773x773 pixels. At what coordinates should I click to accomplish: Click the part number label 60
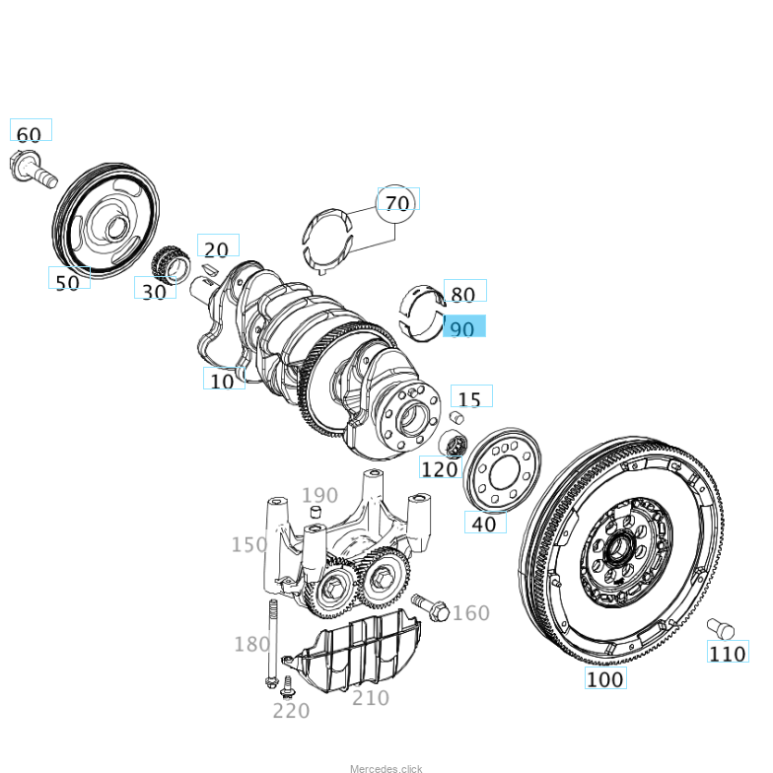pos(30,134)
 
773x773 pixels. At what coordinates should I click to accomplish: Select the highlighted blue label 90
pos(463,328)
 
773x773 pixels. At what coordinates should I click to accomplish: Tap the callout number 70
pos(397,203)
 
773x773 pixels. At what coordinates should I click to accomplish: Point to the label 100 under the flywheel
pos(604,678)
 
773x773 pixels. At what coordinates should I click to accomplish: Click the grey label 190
pos(319,495)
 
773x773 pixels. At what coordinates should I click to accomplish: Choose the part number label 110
pos(728,653)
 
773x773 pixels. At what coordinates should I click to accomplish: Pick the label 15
pos(470,399)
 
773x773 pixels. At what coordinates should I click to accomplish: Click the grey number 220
pos(291,710)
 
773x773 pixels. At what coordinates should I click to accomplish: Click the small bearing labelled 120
pos(455,445)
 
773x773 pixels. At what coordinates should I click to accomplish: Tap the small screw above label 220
pos(288,685)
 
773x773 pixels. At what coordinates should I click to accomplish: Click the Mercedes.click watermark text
pos(386,768)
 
